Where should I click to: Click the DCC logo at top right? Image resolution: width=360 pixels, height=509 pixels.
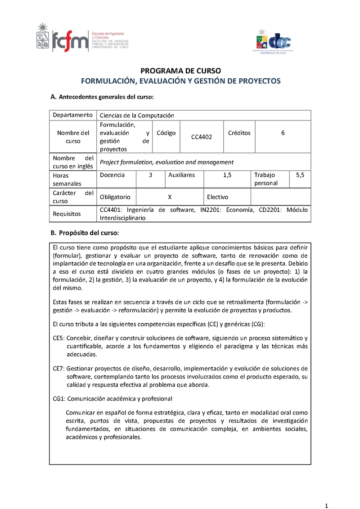click(x=272, y=41)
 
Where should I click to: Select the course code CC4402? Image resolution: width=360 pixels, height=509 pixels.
click(x=201, y=137)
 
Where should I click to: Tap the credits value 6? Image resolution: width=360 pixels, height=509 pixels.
click(x=283, y=133)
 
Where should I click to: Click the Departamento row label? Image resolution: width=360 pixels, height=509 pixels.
click(x=73, y=115)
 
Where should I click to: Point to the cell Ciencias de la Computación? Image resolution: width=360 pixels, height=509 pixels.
click(x=137, y=116)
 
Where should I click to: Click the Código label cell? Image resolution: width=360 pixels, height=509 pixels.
click(x=166, y=133)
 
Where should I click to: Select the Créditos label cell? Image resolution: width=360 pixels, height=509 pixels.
click(x=239, y=133)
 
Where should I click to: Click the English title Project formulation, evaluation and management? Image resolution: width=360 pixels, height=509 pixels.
click(x=166, y=162)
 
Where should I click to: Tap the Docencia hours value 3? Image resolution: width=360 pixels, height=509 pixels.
click(x=150, y=175)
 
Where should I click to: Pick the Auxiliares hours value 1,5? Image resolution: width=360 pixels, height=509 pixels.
click(x=227, y=175)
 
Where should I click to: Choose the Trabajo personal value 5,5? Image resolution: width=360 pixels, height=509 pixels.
click(x=300, y=175)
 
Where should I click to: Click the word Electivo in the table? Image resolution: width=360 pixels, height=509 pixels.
click(x=217, y=197)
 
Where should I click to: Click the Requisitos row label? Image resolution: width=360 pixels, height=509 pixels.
click(x=67, y=214)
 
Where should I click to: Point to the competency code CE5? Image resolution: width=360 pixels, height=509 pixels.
click(x=59, y=338)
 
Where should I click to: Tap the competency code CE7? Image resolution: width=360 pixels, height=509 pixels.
click(x=59, y=369)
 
